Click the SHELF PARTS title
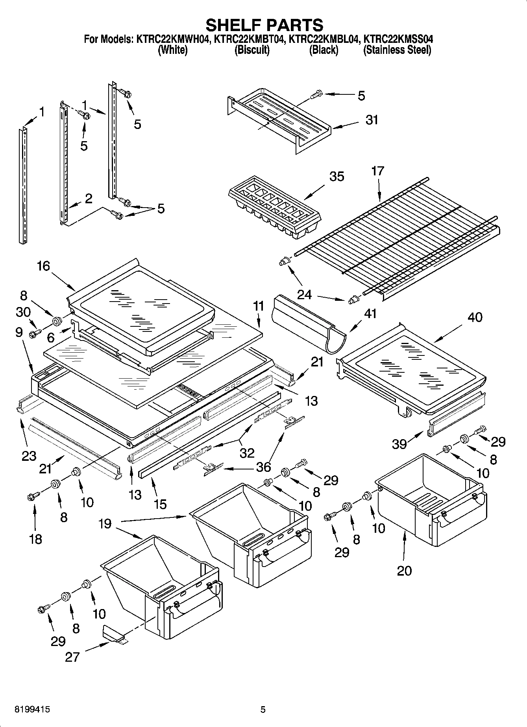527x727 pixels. point(264,25)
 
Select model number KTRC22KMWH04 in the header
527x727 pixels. point(172,39)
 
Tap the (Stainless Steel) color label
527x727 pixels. point(397,50)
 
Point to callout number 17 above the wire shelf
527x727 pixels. point(377,171)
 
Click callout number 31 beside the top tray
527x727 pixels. point(371,120)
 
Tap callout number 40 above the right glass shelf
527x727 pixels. point(475,317)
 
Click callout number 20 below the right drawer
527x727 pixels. point(404,570)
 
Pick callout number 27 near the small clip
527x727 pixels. point(72,657)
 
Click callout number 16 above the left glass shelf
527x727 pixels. point(44,266)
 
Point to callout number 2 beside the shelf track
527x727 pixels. point(88,199)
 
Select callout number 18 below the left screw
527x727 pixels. point(35,539)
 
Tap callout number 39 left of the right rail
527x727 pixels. point(399,444)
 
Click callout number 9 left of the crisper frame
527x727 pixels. point(19,333)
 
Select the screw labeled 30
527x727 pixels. point(33,334)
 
